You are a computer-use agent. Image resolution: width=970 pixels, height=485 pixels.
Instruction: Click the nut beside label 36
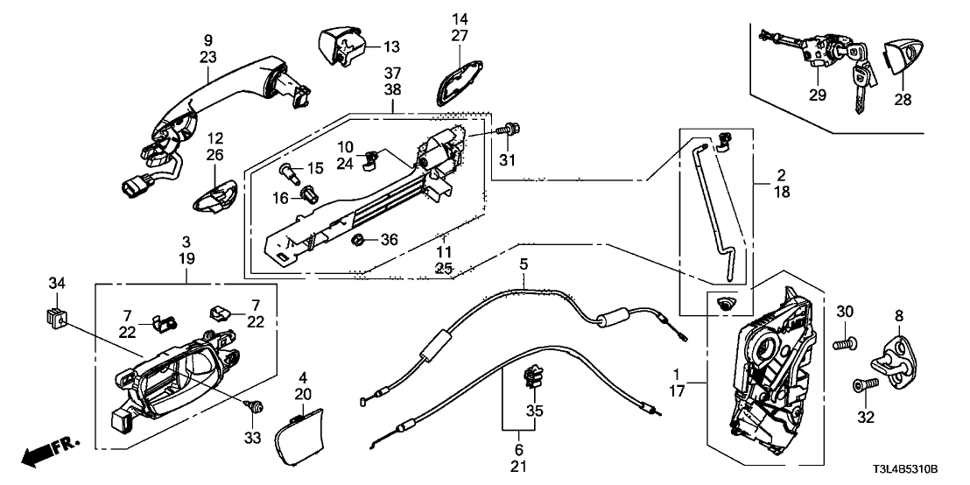click(358, 239)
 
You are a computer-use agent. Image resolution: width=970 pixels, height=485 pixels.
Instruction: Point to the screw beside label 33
click(257, 406)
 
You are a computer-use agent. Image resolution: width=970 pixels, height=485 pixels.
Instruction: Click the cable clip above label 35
click(531, 378)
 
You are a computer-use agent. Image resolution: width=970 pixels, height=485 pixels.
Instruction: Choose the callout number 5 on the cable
click(524, 263)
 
